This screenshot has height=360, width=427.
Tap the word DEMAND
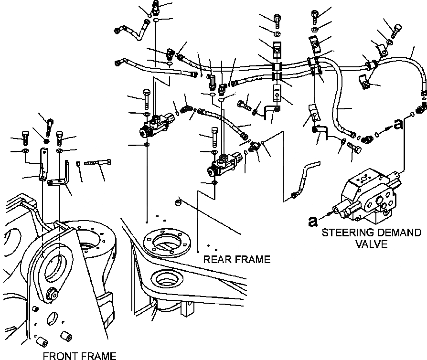[x=398, y=233]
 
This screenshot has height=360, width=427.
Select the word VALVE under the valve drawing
[x=371, y=244]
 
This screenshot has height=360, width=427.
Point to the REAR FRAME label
[x=236, y=260]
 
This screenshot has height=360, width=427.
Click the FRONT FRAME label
[x=79, y=356]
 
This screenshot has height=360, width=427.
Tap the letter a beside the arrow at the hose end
[x=399, y=124]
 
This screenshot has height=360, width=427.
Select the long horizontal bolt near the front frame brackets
[x=98, y=163]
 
